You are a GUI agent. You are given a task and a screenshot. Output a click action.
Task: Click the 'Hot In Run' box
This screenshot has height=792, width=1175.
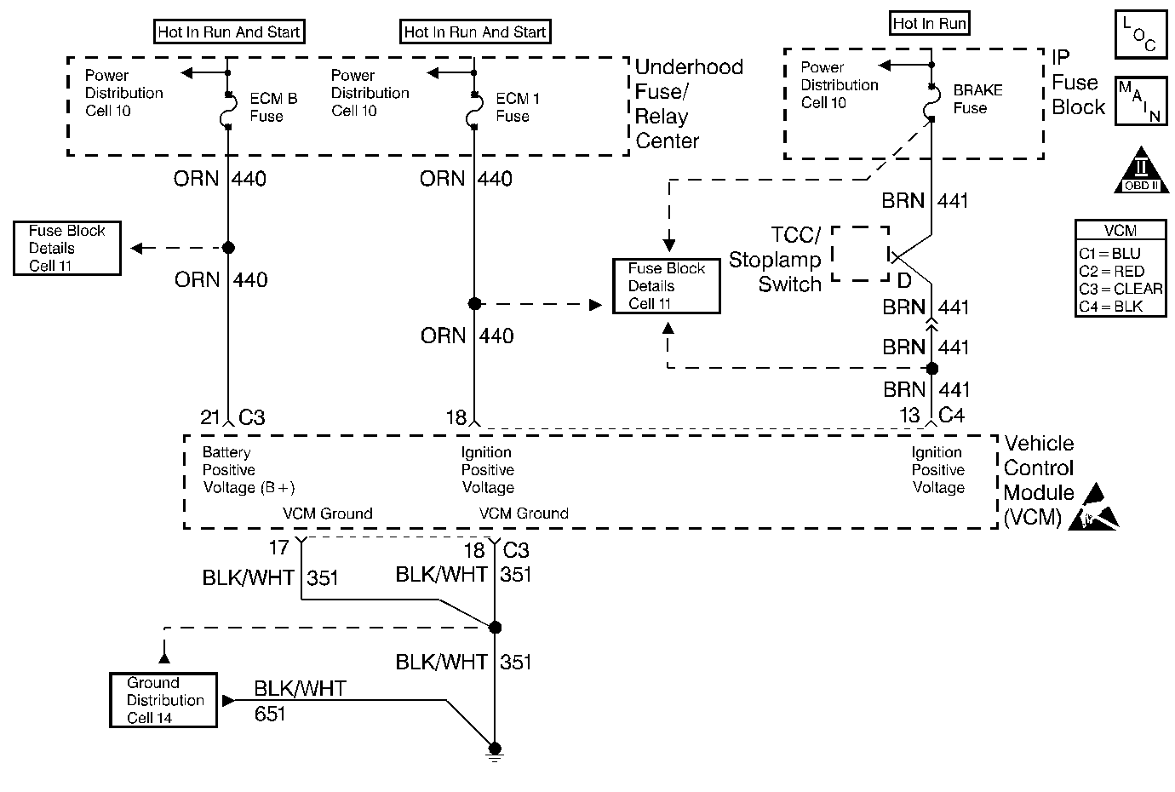click(929, 23)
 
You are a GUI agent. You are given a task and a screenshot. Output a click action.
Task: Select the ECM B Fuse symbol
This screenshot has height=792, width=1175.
click(226, 110)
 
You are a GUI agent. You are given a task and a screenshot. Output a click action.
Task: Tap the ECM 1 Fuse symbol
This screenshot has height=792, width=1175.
click(473, 110)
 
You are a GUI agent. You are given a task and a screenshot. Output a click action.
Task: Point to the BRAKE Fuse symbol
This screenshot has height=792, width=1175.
click(930, 103)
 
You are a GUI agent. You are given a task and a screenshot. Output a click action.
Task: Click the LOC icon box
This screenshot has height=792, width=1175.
click(1141, 34)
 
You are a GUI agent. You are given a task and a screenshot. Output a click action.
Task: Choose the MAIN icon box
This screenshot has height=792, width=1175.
click(1141, 100)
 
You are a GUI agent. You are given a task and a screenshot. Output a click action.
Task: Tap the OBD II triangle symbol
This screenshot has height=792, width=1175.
click(1142, 170)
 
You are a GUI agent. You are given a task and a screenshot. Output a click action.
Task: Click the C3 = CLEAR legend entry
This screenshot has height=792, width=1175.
click(1121, 289)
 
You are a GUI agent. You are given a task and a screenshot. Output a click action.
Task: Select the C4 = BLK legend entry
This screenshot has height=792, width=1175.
click(1110, 307)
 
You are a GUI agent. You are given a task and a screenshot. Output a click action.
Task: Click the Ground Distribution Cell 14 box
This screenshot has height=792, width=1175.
click(163, 700)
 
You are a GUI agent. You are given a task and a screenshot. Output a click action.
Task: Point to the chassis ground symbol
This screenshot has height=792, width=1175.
click(495, 753)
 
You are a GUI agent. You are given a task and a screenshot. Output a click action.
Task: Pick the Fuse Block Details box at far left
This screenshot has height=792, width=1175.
click(67, 248)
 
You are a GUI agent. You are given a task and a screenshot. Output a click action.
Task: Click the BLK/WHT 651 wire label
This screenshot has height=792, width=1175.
click(300, 701)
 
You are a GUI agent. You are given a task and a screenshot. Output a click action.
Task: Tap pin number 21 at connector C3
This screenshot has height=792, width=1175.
click(209, 417)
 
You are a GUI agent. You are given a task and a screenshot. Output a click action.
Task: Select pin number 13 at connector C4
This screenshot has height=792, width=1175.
click(909, 416)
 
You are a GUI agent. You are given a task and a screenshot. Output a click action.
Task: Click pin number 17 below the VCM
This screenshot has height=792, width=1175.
click(278, 548)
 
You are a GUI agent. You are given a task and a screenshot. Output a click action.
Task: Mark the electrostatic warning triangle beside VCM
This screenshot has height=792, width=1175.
click(1094, 508)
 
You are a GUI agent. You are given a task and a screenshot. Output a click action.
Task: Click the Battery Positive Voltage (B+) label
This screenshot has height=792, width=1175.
click(249, 470)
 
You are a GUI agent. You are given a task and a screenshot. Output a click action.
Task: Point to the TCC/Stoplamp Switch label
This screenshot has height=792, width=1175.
click(775, 259)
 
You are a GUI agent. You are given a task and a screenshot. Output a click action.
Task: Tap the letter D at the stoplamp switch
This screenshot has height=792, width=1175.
click(903, 281)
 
